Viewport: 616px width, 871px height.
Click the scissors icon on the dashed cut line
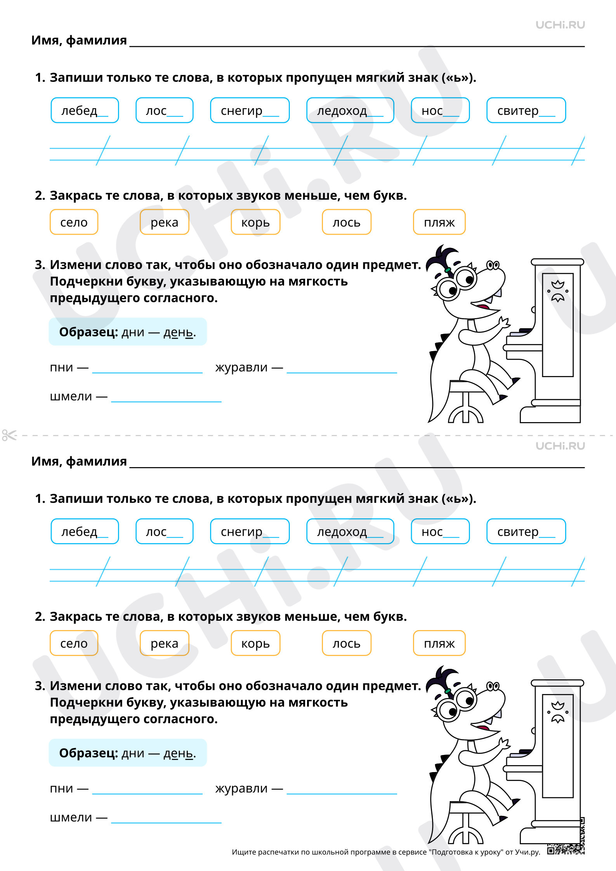pos(9,435)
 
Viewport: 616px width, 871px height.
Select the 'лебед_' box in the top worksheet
pos(85,111)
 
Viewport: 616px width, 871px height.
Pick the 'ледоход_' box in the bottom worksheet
pos(350,532)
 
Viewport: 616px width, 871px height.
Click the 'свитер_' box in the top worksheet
pos(526,111)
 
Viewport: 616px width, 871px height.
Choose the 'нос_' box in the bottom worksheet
pos(440,532)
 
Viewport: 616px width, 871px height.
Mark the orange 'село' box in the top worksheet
pos(74,222)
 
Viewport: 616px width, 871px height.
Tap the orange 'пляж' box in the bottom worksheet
pos(439,643)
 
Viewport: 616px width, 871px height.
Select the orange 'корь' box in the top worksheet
pos(255,222)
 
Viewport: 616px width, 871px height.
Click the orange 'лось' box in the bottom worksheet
pos(347,643)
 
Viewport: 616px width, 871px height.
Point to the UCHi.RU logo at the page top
pos(560,25)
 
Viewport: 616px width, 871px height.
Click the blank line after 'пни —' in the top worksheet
pos(147,373)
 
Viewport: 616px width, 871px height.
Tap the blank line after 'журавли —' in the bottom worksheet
pos(342,794)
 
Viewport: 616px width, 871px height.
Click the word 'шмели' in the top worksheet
pos(71,396)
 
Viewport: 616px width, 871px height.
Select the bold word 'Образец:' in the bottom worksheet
pos(88,753)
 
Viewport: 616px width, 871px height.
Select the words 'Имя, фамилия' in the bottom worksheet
pos(79,461)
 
